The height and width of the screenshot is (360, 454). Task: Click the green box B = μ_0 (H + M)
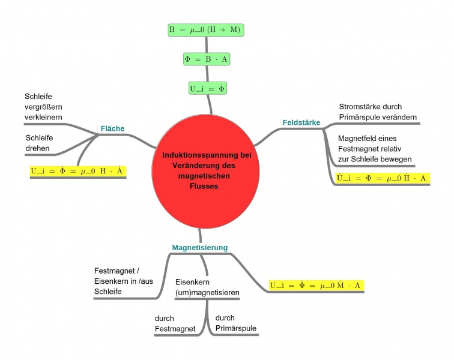click(206, 29)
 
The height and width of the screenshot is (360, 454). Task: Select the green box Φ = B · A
click(206, 59)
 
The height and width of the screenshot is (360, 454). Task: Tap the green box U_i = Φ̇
click(207, 88)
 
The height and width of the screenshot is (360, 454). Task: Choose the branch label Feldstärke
click(301, 122)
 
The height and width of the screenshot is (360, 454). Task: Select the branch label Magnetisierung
click(199, 247)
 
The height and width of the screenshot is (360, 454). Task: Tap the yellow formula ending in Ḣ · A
click(381, 178)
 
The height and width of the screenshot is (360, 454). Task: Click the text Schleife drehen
click(38, 143)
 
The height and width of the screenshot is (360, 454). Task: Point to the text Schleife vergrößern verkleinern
click(43, 106)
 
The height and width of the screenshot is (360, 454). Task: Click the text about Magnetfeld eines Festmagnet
click(375, 149)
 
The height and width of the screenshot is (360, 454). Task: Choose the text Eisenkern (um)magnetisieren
click(208, 287)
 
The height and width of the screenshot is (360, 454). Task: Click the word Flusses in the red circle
click(200, 186)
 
